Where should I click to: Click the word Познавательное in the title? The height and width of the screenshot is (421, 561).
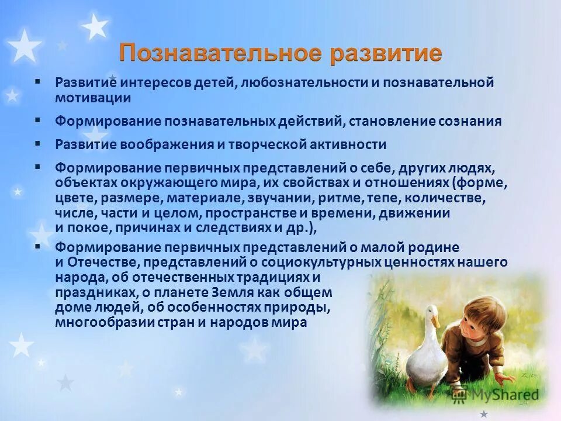220,54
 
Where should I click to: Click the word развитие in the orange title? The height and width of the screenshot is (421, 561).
386,54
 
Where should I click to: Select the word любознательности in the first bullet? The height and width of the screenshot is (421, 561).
303,83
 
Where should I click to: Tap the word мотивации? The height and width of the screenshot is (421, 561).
93,98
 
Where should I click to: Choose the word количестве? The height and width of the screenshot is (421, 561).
444,198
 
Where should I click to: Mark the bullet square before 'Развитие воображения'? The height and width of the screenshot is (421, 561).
38,143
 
